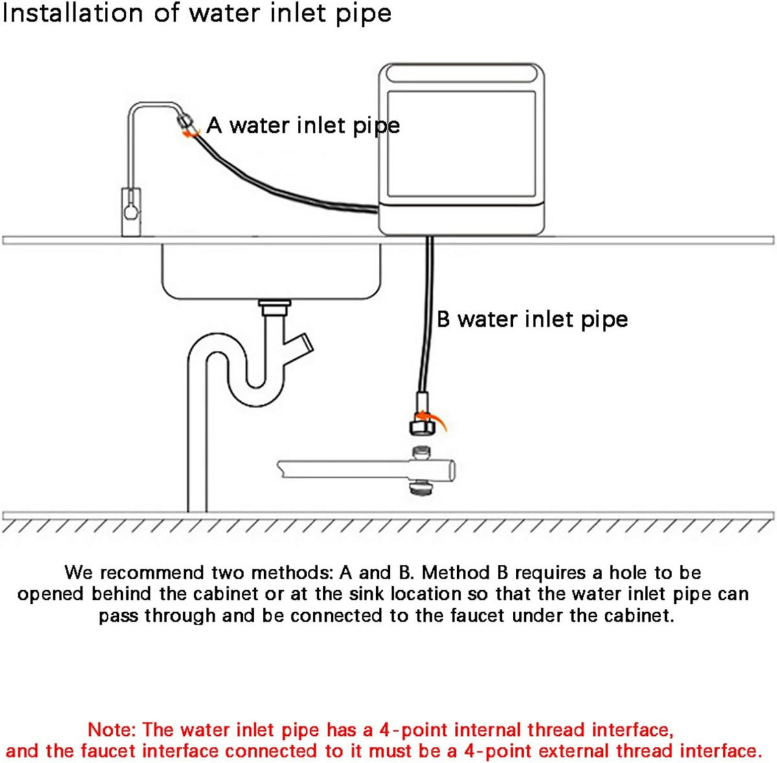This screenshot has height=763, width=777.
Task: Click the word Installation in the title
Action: [73, 14]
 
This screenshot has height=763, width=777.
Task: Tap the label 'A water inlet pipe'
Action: [303, 126]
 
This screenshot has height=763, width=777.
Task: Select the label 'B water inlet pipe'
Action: [532, 320]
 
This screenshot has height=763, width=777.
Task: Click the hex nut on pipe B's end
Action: [422, 427]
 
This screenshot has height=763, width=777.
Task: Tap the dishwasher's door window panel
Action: [461, 144]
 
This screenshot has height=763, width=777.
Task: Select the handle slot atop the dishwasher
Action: [461, 74]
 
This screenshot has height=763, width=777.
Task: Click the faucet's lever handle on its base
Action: [131, 207]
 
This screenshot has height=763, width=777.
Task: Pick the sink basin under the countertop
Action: [271, 271]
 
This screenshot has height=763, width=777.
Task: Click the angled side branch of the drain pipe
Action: [298, 345]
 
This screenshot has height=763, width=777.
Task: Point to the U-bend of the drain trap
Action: [255, 387]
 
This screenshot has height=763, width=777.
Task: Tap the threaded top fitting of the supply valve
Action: [422, 453]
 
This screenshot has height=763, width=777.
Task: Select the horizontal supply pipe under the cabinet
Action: [366, 470]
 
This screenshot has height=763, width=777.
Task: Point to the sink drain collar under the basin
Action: [275, 308]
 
